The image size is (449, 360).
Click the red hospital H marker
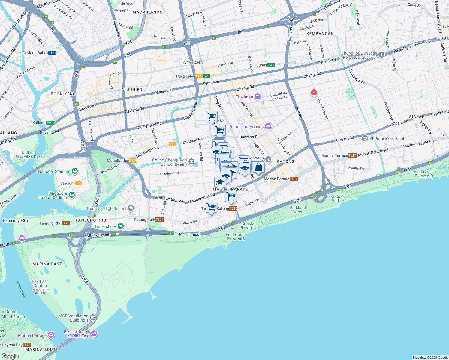click(x=314, y=92)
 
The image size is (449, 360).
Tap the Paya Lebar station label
click(x=185, y=76)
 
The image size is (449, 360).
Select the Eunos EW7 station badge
click(x=271, y=65)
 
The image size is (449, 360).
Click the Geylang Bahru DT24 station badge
click(x=52, y=53)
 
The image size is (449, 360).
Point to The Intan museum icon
click(x=257, y=97)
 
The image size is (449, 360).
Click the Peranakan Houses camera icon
click(x=268, y=126)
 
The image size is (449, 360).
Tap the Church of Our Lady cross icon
click(x=381, y=55)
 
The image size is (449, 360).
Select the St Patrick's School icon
click(x=365, y=138)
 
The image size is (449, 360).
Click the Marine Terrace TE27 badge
click(x=352, y=155)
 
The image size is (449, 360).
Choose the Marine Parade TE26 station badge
click(x=294, y=179)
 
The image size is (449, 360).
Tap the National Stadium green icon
click(x=74, y=171)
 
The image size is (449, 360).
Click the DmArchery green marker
click(x=120, y=226)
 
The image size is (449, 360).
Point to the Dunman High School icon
click(x=131, y=208)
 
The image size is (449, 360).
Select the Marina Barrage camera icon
click(x=51, y=334)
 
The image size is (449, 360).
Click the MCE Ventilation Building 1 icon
click(x=93, y=317)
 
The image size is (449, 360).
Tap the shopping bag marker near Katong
click(x=258, y=167)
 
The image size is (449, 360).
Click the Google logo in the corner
click(x=10, y=356)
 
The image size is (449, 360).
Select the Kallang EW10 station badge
click(x=50, y=123)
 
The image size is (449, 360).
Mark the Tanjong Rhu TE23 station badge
click(x=65, y=223)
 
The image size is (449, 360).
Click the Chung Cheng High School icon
click(x=191, y=162)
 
